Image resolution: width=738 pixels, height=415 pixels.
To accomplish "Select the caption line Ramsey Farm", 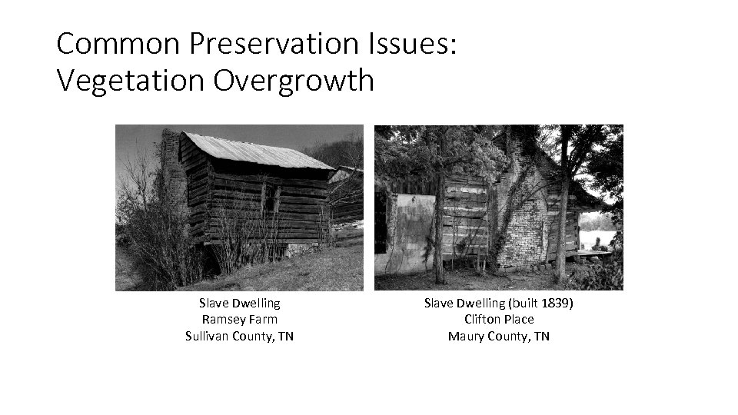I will pyautogui.click(x=239, y=320).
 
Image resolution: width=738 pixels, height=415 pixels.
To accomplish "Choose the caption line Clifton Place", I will pyautogui.click(x=499, y=320).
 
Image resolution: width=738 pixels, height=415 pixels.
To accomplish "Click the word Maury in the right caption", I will pyautogui.click(x=466, y=336).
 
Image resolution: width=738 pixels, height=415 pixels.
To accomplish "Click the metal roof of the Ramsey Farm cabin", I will pyautogui.click(x=254, y=151).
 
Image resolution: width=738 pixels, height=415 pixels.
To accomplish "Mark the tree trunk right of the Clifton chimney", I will pyautogui.click(x=563, y=207).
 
